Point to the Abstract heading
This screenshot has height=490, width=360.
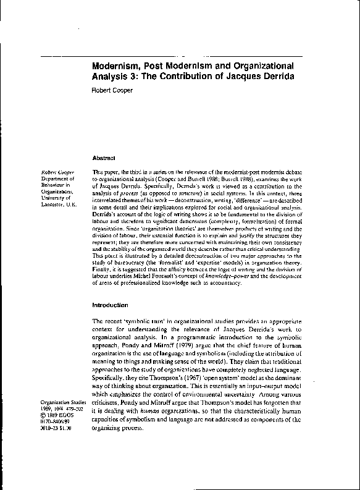click(x=105, y=158)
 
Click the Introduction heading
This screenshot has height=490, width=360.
click(x=110, y=305)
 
